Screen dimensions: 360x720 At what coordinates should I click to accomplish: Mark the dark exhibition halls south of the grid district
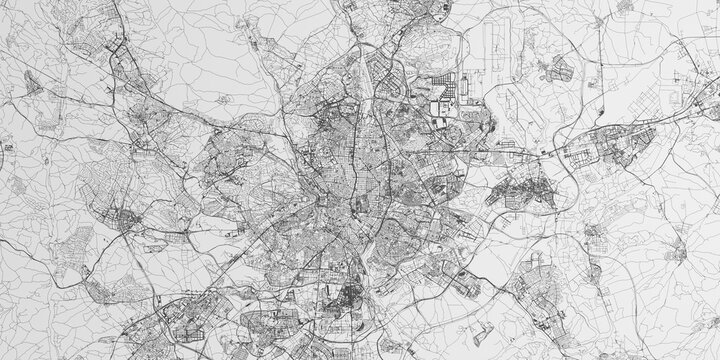click(440, 124)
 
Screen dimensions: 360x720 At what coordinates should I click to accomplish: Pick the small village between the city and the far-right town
click(596, 235)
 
